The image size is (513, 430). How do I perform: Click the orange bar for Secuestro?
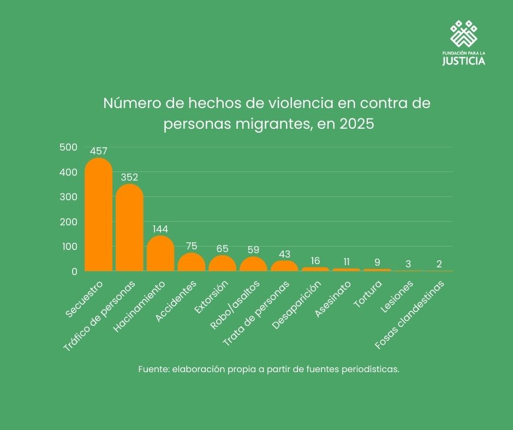[x=98, y=216]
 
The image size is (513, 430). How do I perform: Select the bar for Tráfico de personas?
[x=129, y=228]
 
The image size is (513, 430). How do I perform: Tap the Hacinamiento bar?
[x=160, y=254]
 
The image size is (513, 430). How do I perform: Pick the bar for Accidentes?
[x=192, y=262]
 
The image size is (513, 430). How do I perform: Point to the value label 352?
[x=129, y=177]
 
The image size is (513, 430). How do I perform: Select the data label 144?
[x=160, y=229]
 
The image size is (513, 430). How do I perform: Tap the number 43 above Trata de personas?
[x=284, y=254]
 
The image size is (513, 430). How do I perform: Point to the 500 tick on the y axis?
[x=68, y=147]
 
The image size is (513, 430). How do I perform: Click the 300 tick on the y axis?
[x=68, y=197]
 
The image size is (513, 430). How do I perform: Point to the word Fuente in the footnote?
[x=153, y=369]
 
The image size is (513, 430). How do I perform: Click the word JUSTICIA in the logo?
[x=463, y=61]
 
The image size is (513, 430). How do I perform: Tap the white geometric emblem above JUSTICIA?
[x=463, y=34]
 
